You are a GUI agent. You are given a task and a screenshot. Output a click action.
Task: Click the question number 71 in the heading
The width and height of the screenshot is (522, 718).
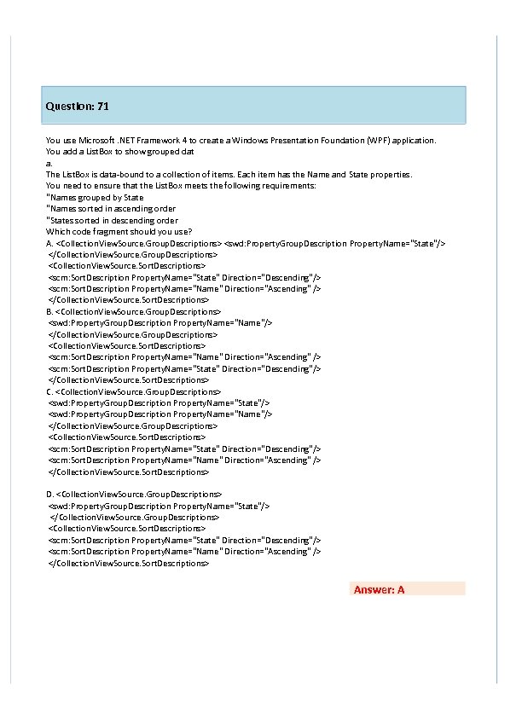(x=102, y=107)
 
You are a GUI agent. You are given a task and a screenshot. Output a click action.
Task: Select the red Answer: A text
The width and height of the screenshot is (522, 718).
(x=379, y=589)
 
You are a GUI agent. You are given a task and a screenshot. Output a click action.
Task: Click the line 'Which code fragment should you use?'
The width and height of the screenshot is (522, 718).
(x=119, y=231)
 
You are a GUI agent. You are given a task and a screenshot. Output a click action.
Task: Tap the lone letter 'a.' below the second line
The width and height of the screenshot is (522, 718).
(x=49, y=163)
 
